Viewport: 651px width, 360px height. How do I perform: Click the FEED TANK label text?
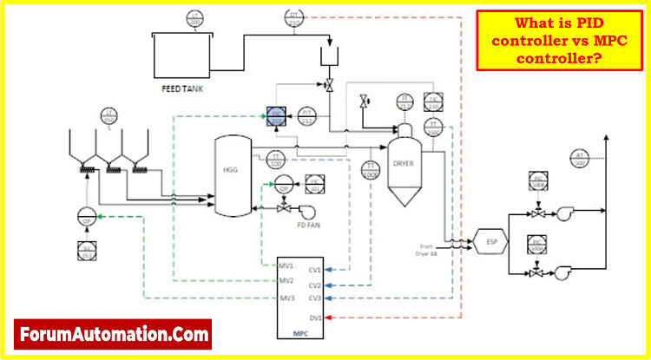coord(182,88)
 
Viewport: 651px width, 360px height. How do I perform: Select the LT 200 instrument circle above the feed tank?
coord(195,18)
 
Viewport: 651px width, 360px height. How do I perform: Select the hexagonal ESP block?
coord(491,241)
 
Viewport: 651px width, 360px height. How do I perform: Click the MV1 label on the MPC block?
coord(286,265)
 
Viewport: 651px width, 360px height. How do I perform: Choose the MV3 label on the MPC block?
coord(286,298)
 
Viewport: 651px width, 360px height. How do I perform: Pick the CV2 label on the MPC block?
coord(314,285)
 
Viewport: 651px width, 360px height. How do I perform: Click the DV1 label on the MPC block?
coord(314,317)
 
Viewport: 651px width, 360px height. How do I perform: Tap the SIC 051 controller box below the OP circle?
coord(86,252)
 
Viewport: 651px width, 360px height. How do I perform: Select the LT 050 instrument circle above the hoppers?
coord(108,116)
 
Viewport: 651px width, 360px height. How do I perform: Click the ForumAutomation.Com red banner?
coord(112,332)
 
